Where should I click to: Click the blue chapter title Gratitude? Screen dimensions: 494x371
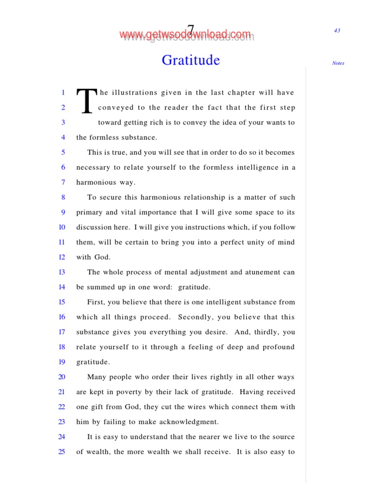(191, 60)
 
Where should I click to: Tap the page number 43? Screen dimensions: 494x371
(337, 30)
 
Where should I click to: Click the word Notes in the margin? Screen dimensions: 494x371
(338, 63)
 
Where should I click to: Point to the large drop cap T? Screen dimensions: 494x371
(86, 101)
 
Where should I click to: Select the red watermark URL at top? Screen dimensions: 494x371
(186, 35)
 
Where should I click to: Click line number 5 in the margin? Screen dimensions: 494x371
(63, 152)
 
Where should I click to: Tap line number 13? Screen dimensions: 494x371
(62, 272)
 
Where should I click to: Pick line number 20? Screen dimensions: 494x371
(62, 377)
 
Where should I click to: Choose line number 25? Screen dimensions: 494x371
(62, 452)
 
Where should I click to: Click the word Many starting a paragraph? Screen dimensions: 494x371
(97, 377)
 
